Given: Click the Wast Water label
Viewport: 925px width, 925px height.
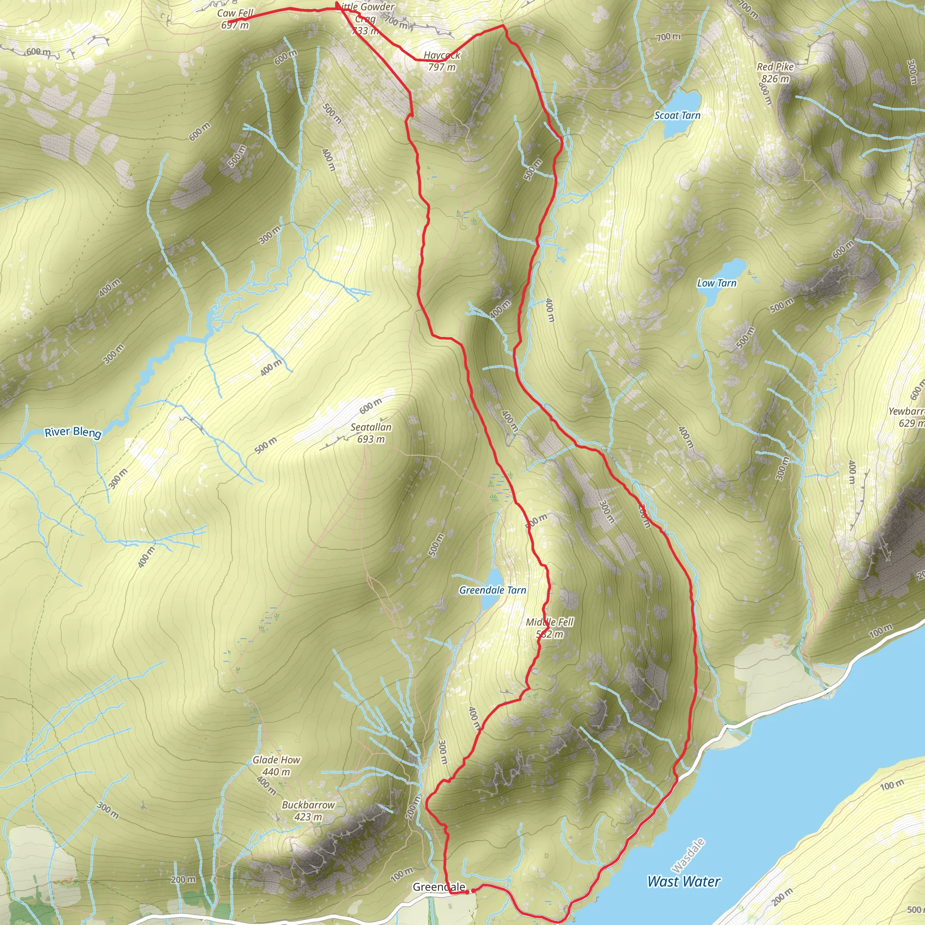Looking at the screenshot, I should click(683, 882).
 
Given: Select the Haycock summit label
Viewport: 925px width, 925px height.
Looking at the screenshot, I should click(441, 56).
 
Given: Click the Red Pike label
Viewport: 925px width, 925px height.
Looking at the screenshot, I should click(775, 67).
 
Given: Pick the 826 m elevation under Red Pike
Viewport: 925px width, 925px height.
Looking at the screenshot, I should click(775, 79).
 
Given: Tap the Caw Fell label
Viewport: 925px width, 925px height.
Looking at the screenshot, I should click(235, 14).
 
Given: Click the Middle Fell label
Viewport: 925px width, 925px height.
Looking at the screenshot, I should click(549, 622).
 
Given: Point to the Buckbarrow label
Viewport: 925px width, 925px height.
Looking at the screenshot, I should click(308, 805).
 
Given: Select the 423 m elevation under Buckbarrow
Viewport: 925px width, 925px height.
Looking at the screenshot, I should click(308, 817).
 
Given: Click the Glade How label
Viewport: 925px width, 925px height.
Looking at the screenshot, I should click(276, 760).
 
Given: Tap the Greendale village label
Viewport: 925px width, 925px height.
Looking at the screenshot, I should click(439, 887).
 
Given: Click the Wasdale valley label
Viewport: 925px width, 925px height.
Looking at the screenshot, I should click(688, 855).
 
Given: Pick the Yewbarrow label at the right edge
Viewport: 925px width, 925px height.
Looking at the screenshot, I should click(908, 411).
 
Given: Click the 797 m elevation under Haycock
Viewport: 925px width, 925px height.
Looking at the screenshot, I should click(441, 67).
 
